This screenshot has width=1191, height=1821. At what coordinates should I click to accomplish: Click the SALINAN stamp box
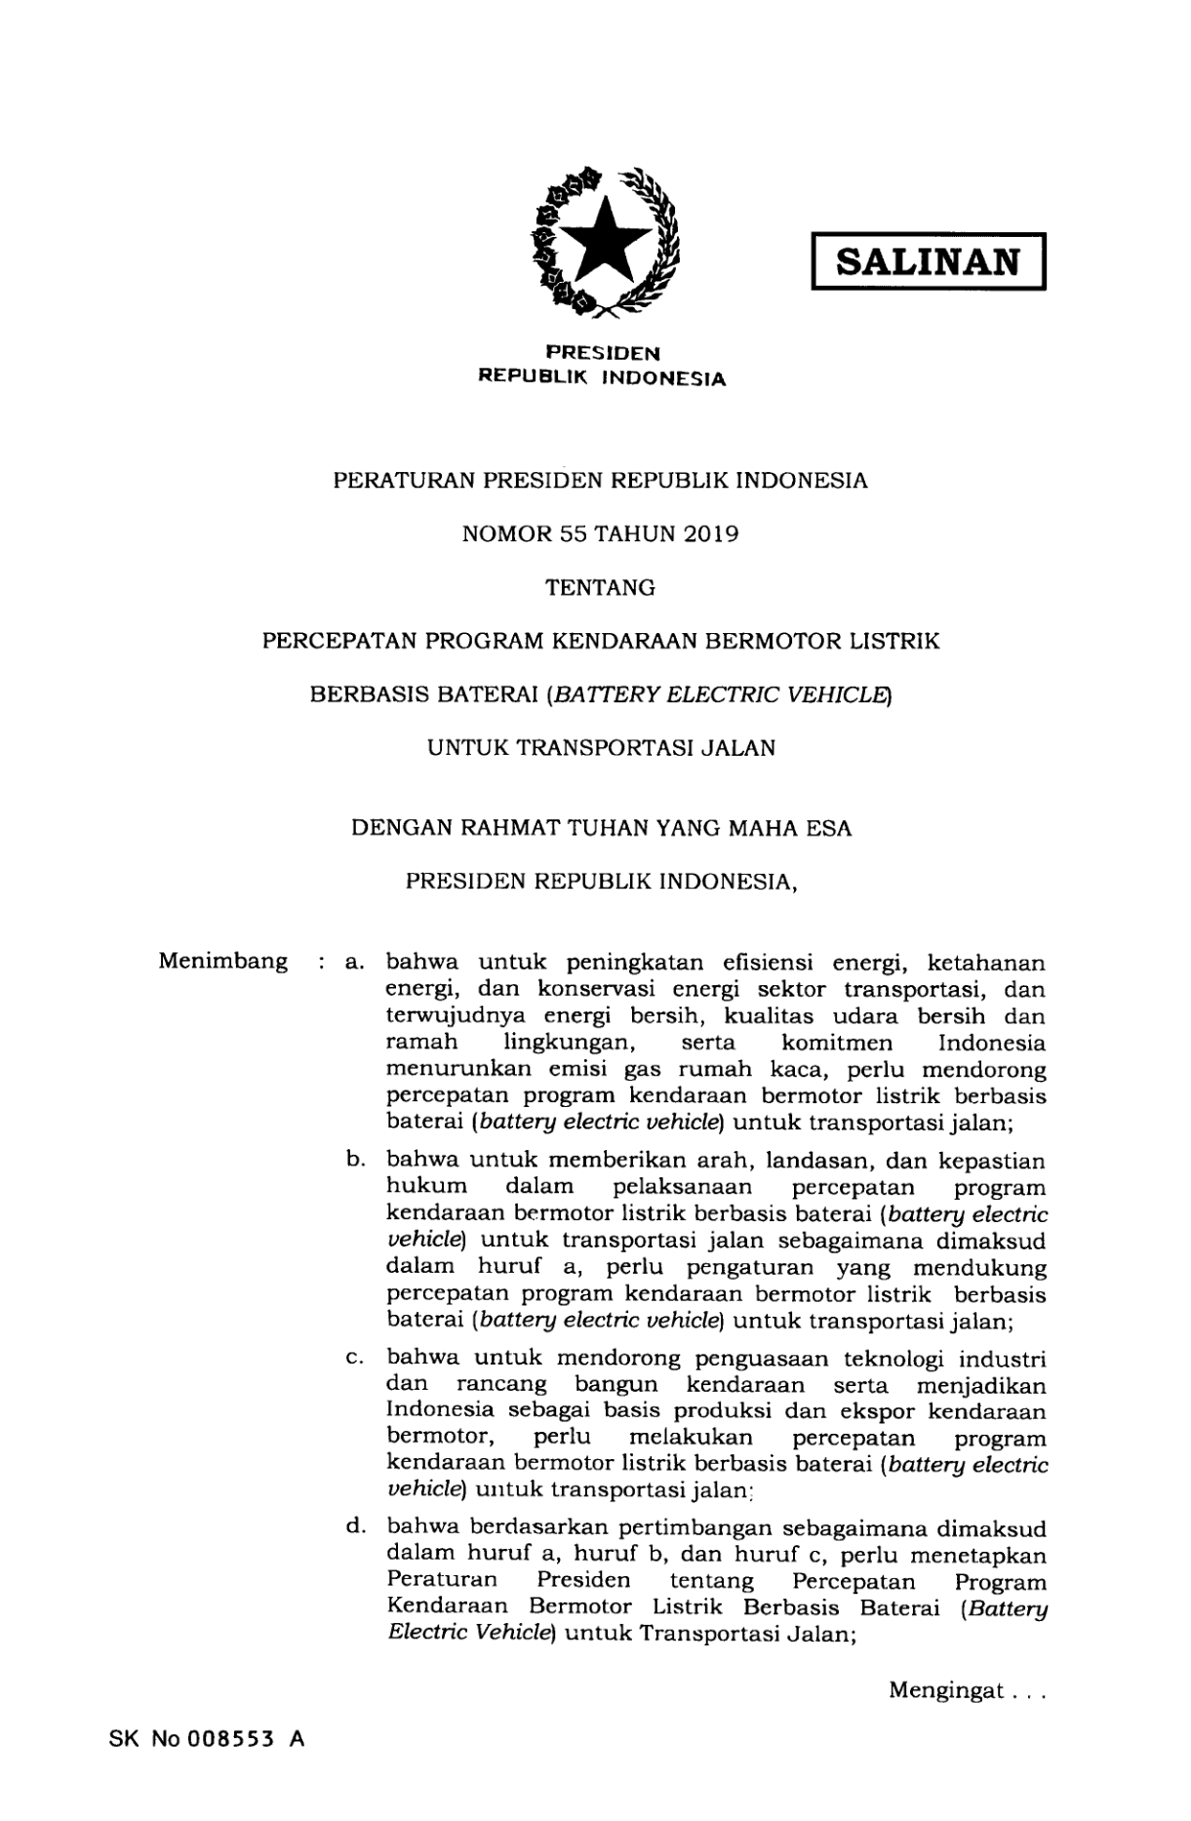point(928,261)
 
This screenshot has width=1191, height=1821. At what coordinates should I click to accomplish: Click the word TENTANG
point(600,587)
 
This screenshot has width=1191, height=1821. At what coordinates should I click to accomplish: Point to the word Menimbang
point(223,962)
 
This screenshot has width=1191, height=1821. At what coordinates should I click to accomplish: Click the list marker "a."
point(354,963)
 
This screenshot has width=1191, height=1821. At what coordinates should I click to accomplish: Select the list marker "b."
point(354,1161)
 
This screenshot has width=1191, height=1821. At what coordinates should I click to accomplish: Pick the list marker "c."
point(354,1359)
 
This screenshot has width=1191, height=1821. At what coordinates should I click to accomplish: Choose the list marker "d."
point(354,1525)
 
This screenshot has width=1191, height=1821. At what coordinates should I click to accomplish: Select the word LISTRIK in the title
point(895,641)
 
